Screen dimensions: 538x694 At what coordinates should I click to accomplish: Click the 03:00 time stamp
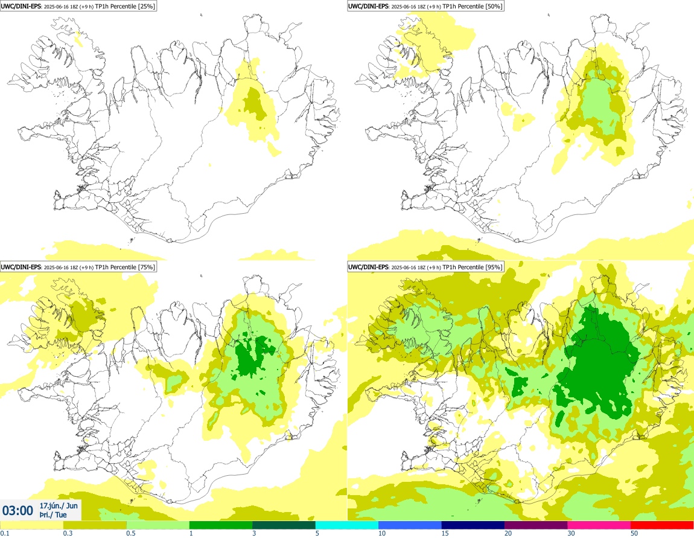18,510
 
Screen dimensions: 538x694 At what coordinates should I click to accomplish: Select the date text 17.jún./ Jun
58,505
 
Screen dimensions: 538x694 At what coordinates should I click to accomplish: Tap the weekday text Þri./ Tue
53,515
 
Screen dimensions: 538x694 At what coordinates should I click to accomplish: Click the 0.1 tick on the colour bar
4,533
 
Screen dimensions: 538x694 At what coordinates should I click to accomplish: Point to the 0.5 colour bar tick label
131,533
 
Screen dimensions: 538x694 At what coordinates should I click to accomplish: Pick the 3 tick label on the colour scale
254,533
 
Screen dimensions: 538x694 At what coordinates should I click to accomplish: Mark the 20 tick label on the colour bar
508,533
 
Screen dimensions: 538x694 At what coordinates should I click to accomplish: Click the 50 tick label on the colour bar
634,533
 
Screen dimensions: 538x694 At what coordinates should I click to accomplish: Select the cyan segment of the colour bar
346,525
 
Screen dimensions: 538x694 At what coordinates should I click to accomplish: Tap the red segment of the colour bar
662,525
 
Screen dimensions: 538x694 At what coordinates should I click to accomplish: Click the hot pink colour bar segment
599,525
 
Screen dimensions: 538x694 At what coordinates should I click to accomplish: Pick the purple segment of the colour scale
536,525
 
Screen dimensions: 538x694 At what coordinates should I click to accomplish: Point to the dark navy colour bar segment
473,525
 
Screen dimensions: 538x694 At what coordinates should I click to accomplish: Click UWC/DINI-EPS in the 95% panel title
369,267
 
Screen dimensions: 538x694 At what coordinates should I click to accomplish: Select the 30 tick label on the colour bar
571,533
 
